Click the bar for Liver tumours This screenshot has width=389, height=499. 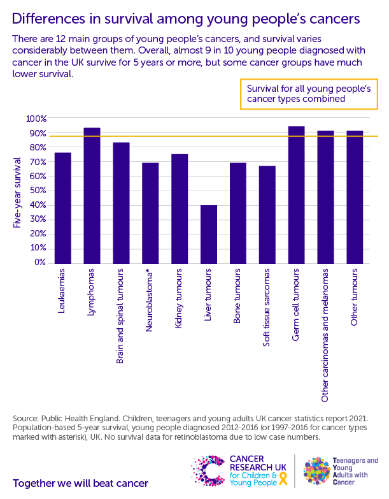point(209,234)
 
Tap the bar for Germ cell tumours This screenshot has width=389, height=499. point(297,195)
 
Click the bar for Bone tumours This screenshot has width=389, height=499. point(238,213)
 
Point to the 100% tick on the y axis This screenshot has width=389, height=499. point(36,119)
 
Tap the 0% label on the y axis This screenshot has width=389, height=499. point(40,263)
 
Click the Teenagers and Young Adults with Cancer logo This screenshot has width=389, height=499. point(341,470)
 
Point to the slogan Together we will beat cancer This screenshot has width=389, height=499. point(80,482)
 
